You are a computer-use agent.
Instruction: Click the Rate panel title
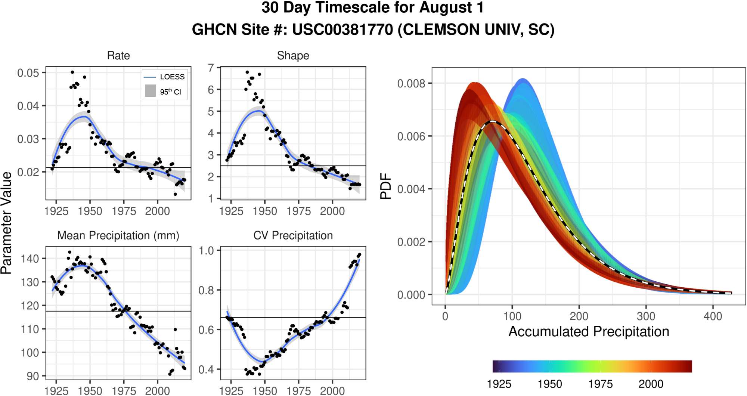[118, 56]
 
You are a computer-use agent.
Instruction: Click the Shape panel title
[293, 56]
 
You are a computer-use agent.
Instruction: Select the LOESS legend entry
[172, 77]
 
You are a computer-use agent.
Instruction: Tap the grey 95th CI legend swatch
[150, 91]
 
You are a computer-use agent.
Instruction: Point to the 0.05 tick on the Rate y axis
[28, 72]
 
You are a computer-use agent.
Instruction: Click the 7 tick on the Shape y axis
[211, 68]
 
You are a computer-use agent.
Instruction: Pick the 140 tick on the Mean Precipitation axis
[30, 259]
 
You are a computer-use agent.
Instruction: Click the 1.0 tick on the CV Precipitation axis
[206, 250]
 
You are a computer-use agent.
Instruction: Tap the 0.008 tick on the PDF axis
[411, 83]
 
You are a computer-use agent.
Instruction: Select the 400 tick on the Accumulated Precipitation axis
[713, 316]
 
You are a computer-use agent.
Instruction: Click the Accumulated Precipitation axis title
[589, 332]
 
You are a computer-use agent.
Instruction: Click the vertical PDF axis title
[385, 186]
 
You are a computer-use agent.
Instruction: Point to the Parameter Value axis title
[6, 223]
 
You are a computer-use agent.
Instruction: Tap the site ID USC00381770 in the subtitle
[342, 30]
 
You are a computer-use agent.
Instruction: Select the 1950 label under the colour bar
[549, 384]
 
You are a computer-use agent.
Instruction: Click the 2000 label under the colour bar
[651, 384]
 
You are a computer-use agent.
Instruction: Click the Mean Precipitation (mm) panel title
[118, 236]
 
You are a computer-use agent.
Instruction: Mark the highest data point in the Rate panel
[72, 72]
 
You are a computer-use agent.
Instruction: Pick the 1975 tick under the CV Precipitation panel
[298, 391]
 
